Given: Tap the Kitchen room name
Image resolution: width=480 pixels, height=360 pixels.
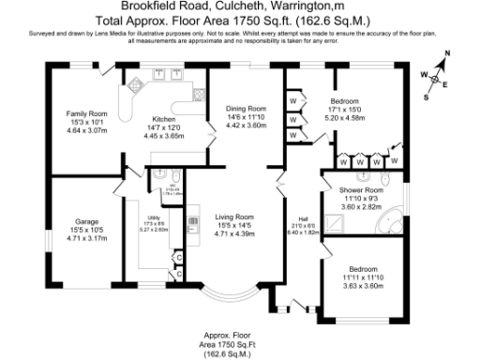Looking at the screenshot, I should tap(164, 119).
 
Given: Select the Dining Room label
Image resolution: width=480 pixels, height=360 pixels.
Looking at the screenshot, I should tap(247, 108).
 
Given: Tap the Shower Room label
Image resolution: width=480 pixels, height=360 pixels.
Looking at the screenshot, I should tap(360, 192).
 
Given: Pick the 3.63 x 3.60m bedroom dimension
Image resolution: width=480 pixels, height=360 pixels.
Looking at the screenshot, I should tap(362, 272).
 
